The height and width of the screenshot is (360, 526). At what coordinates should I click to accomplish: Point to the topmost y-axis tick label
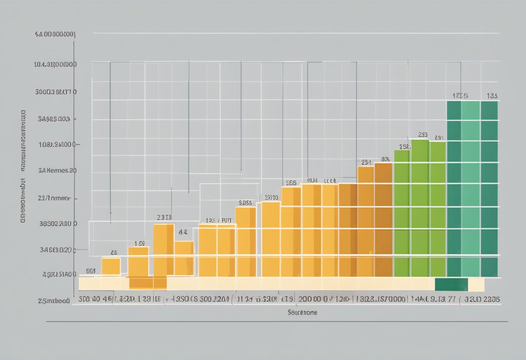pos(55,34)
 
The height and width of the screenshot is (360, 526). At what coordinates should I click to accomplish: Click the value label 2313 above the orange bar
pos(164,218)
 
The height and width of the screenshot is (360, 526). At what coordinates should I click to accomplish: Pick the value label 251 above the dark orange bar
pos(366,162)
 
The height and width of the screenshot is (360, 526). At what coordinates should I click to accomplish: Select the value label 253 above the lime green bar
pos(423,135)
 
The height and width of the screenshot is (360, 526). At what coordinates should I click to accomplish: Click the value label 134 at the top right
pos(492,96)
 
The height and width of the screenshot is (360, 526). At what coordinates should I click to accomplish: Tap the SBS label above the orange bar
pos(291,183)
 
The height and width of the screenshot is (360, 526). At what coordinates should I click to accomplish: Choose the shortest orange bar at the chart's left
pos(111,266)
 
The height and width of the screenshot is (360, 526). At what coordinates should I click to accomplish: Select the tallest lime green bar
pos(420,208)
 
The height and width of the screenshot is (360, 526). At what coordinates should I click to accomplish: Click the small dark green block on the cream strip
pos(451,285)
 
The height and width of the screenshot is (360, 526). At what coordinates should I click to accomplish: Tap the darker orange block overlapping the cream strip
pos(148,283)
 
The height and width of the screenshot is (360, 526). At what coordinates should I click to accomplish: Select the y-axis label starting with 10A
pos(55,65)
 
